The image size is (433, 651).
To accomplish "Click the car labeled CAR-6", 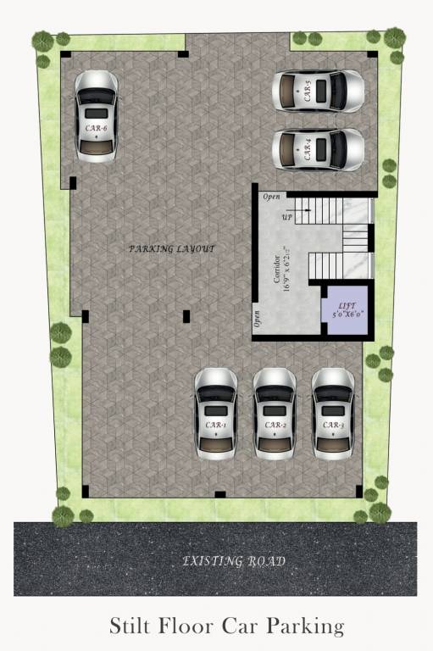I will point(96,116).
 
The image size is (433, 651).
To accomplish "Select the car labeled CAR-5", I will point(318,91).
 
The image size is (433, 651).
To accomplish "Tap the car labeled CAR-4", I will point(318,150).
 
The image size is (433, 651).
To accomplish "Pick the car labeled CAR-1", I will point(216,414).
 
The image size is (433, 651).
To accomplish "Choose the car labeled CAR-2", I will point(275,414).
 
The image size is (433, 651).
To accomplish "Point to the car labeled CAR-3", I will point(333,414).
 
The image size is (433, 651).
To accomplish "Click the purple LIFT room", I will point(347,311).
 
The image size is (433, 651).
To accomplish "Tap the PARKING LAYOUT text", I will point(171,249).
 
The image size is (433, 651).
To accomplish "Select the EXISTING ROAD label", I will point(235,561).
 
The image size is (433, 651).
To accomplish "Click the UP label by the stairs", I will point(287,218).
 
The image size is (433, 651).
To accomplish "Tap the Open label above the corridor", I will point(271,197).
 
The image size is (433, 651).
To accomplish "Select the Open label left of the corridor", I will point(257,318).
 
